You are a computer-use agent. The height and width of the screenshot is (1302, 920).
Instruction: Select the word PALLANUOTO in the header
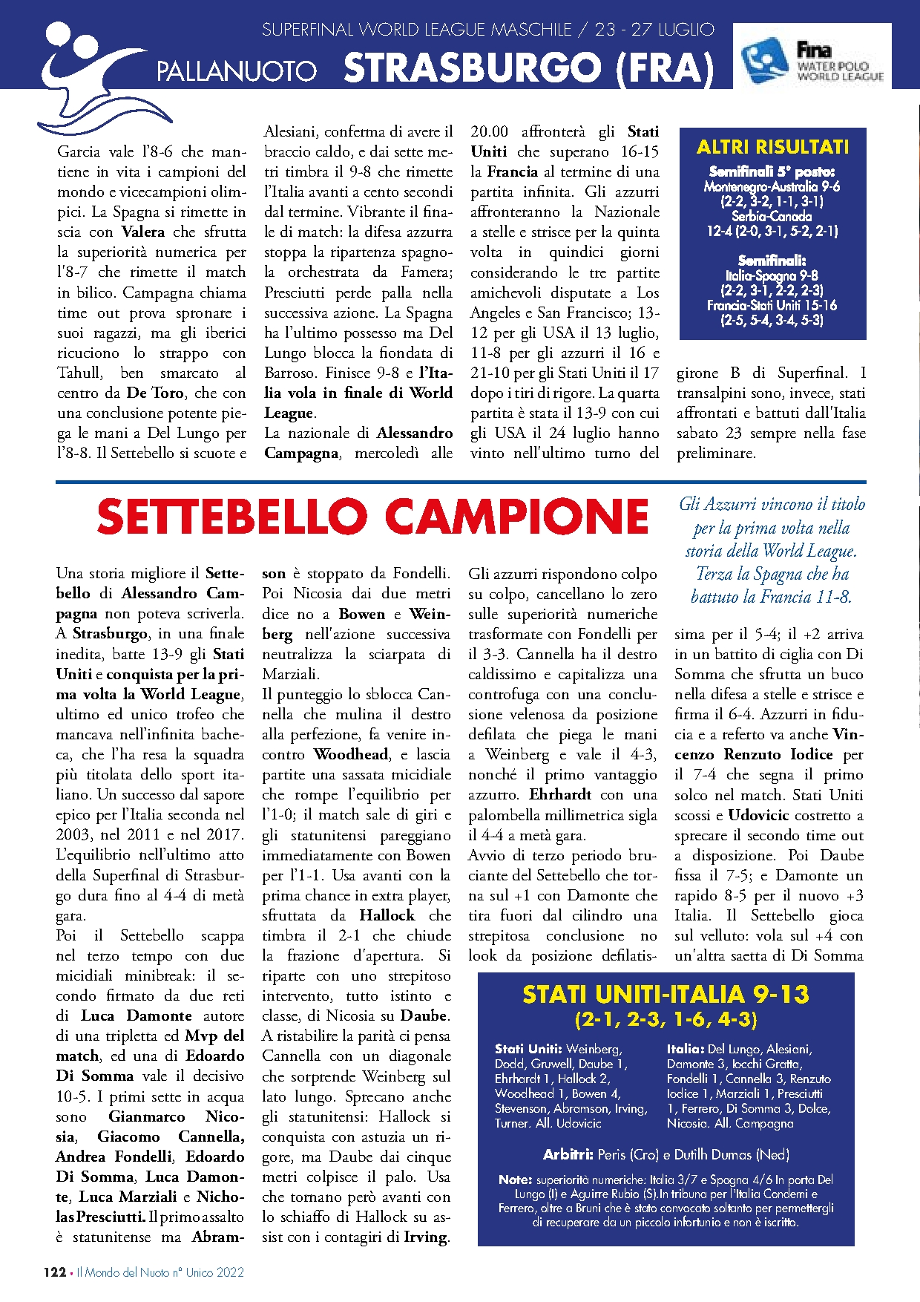(237, 72)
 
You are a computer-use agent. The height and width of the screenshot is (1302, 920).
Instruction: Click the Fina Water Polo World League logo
(812, 56)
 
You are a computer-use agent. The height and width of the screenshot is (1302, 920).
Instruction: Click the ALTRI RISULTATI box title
(772, 147)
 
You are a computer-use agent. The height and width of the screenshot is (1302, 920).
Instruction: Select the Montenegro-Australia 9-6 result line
(772, 186)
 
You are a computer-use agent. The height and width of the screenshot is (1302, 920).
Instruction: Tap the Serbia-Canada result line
(772, 216)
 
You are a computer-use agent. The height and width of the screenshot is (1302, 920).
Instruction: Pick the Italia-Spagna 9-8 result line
(772, 275)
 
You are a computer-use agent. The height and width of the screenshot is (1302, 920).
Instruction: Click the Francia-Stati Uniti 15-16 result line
(772, 305)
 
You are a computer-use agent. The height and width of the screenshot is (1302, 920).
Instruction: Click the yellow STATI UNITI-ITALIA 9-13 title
(666, 994)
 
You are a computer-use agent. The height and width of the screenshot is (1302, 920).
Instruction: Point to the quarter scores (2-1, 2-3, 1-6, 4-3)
(666, 1018)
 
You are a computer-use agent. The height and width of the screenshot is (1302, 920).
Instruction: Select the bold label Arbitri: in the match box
(568, 1154)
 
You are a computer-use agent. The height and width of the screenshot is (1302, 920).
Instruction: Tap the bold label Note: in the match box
(515, 1180)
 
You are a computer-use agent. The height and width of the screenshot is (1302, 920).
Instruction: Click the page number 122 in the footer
(55, 1272)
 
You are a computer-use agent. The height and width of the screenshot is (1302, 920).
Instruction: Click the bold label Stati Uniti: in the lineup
(528, 1049)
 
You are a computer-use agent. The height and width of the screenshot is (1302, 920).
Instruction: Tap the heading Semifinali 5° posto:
(772, 171)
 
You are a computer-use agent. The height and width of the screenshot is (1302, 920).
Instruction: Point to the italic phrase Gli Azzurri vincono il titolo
(772, 504)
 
